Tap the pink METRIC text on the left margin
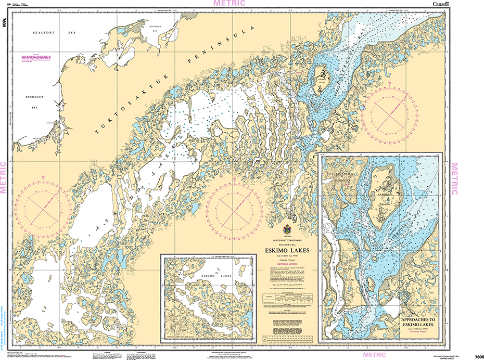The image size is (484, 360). click(x=4, y=177)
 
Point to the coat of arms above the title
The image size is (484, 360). click(x=287, y=229)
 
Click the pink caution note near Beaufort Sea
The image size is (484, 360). click(x=38, y=59)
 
